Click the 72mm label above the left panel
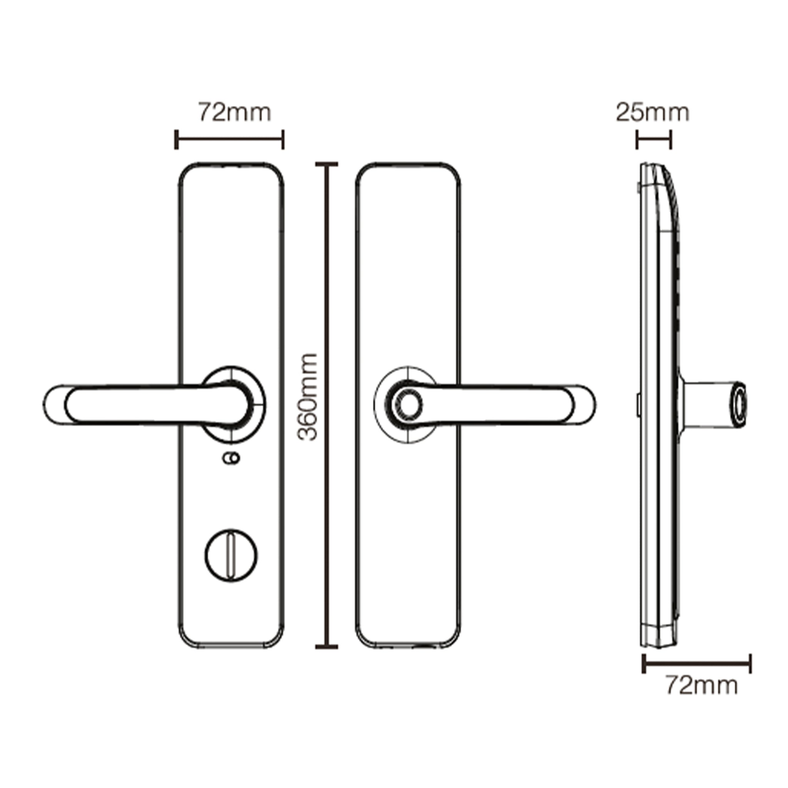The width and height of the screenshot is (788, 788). (x=235, y=113)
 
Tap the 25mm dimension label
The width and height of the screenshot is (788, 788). (x=652, y=113)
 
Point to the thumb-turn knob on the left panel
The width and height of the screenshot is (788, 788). (x=231, y=555)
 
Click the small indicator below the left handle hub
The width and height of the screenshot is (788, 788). (x=231, y=458)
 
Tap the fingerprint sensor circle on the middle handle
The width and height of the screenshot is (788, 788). (x=409, y=404)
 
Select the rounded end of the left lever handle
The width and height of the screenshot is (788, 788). (x=55, y=404)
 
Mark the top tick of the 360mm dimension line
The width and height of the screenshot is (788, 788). (x=327, y=164)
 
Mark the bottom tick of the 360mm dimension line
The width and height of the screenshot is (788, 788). (x=327, y=646)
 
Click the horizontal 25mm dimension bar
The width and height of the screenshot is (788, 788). (x=654, y=140)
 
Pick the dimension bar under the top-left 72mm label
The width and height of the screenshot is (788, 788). (x=230, y=140)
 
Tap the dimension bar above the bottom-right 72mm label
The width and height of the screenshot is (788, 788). (x=697, y=663)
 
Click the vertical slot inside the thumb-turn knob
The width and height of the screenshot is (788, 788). (x=231, y=555)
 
